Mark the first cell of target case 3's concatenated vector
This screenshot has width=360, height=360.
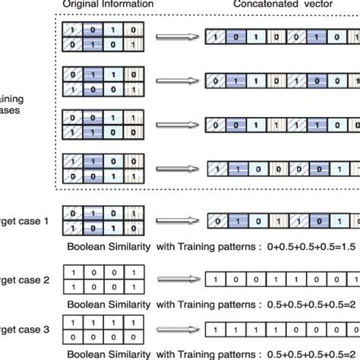(213, 330)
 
